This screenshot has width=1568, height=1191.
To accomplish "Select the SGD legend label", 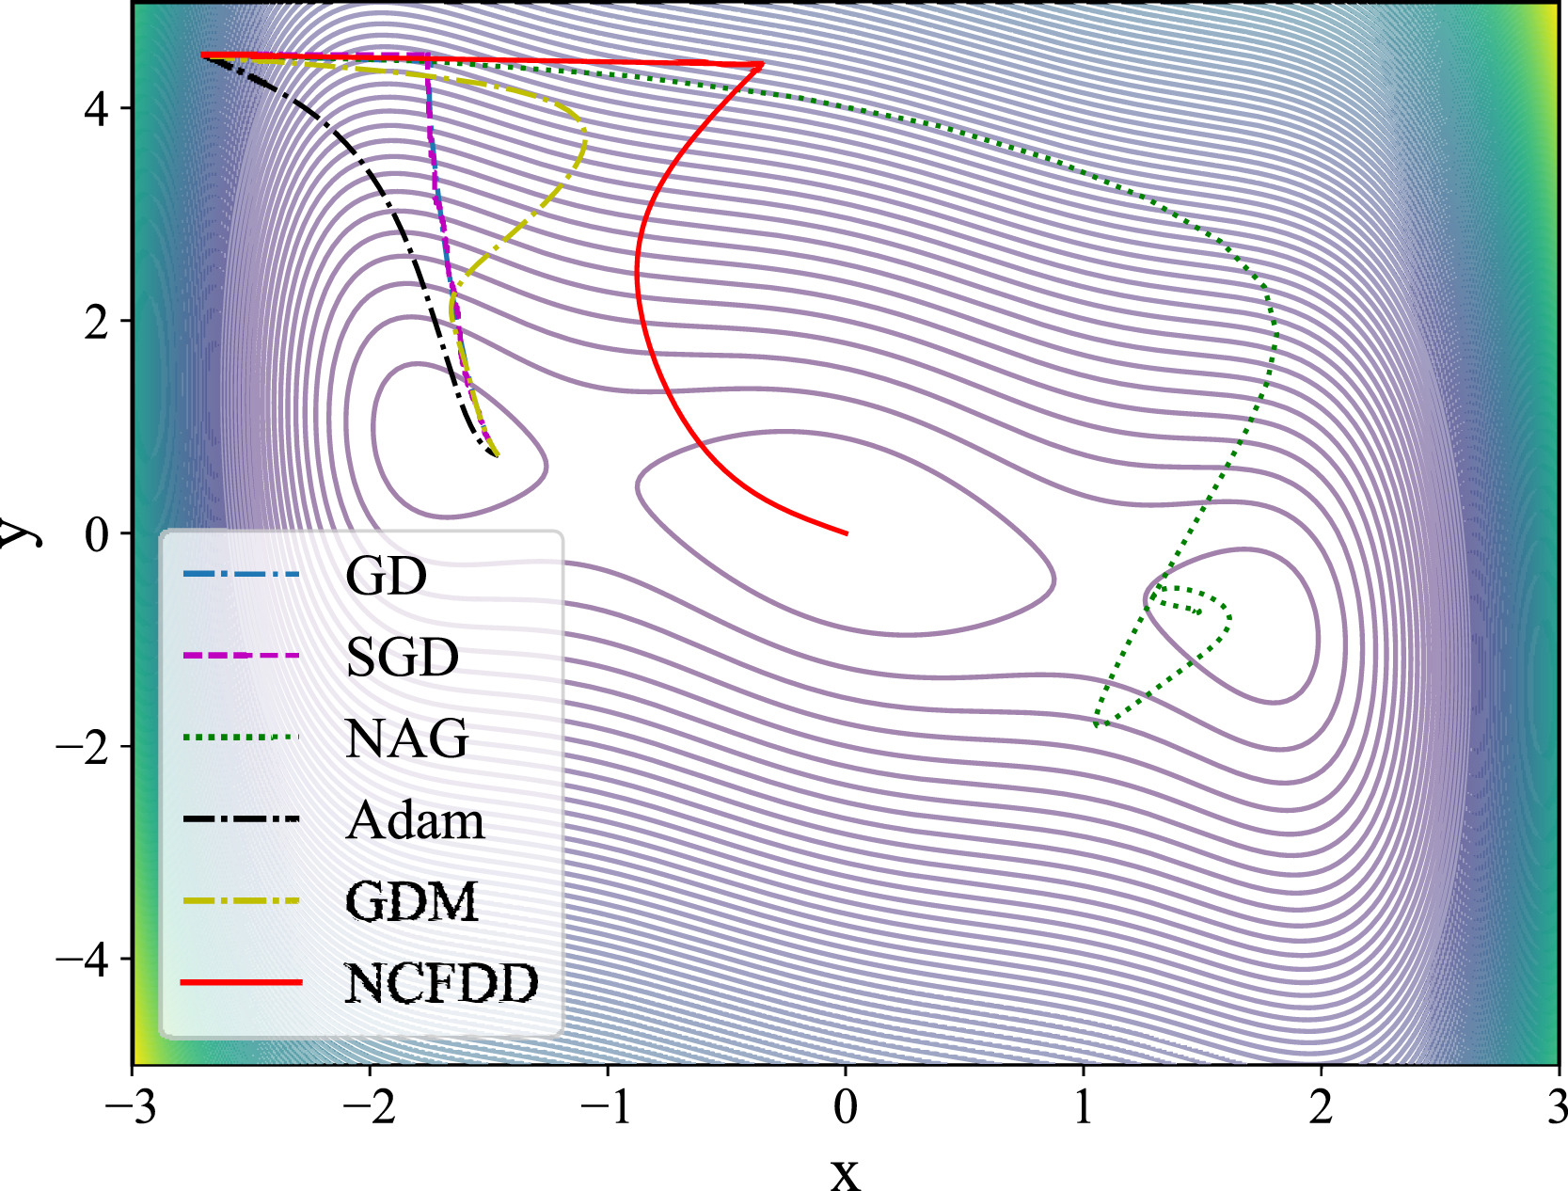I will pos(402,657).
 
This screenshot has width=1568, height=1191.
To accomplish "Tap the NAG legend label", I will pos(406,738).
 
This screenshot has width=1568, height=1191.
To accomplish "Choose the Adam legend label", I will pos(415,820).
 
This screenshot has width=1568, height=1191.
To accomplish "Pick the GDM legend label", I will pos(412,901).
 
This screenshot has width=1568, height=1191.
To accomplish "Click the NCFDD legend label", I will pos(441,983).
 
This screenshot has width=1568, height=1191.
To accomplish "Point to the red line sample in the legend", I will pos(241,982).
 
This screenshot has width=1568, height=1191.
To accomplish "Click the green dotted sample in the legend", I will pos(241,737).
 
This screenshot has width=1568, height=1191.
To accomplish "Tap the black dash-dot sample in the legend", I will pos(241,818).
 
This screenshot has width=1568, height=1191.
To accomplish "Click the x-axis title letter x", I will pos(845,1172).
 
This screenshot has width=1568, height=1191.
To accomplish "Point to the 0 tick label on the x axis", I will pos(846,1107).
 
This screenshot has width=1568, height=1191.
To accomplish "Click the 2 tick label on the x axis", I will pos(1322,1107).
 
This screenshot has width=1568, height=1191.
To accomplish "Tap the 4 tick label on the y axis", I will pos(96,109).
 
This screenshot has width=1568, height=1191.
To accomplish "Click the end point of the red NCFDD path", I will pos(847,533).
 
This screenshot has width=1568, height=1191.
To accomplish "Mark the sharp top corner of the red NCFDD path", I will pos(762,65).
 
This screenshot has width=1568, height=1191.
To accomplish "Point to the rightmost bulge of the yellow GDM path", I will pos(585,141).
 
